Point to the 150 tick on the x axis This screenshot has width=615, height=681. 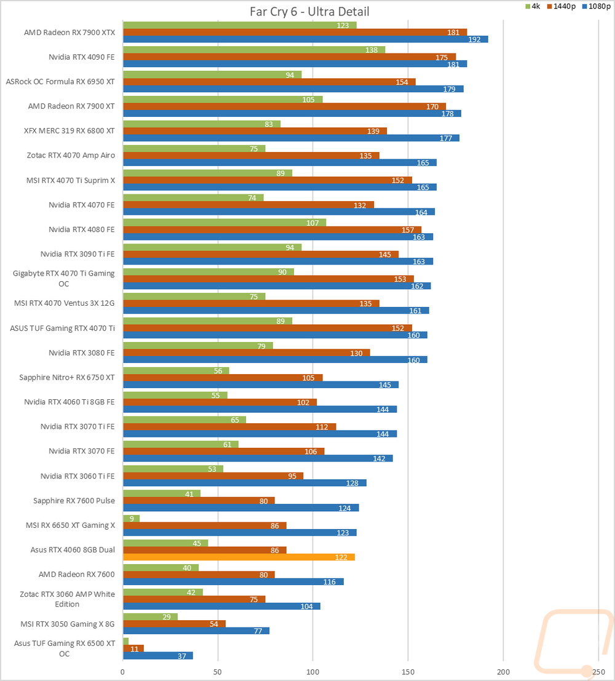point(408,672)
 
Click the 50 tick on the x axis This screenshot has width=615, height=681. point(218,672)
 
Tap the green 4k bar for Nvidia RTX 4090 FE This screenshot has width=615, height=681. point(253,49)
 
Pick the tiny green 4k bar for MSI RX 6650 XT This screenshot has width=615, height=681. point(132,518)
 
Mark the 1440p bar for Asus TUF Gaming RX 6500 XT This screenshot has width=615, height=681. point(133,648)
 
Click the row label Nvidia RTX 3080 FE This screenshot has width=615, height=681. point(81,352)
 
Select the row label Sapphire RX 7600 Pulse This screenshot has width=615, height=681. point(74,501)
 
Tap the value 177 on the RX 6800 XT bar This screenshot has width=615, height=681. point(446,138)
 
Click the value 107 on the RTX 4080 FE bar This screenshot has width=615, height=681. point(312,223)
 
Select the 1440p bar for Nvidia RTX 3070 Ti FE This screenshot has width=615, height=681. point(229,426)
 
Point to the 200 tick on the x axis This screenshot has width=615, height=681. point(503,672)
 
